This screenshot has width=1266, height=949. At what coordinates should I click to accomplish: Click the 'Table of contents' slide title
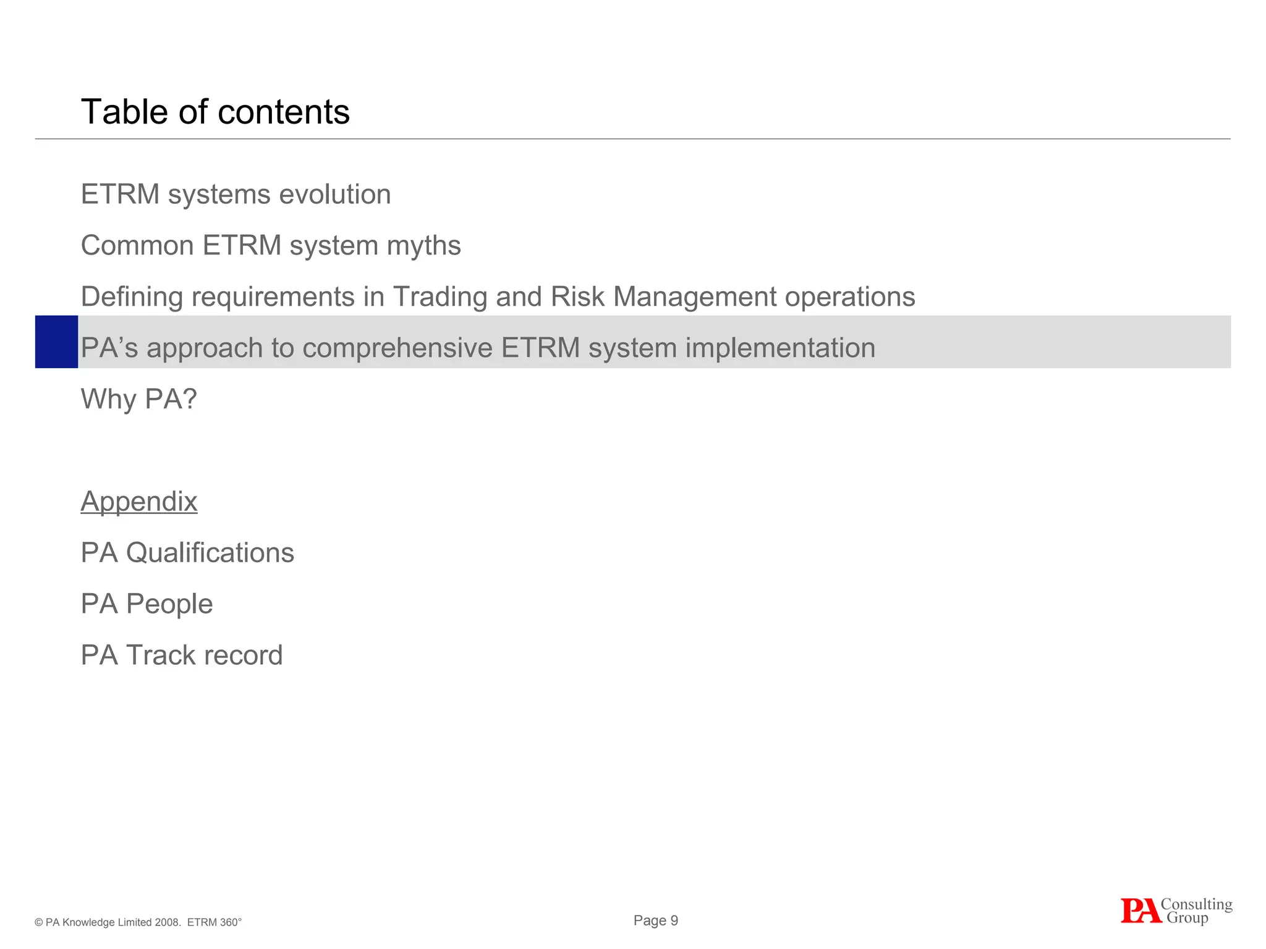click(215, 112)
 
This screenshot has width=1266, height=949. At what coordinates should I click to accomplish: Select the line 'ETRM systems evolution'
click(236, 194)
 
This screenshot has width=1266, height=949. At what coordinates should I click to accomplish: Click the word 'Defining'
click(132, 297)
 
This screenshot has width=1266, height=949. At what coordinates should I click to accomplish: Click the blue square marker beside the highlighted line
click(56, 342)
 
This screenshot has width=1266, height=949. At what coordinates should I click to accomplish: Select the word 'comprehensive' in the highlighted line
click(397, 348)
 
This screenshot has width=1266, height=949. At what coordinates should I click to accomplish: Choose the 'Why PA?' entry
click(138, 399)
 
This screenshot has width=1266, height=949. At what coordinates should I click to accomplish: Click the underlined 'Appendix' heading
click(139, 501)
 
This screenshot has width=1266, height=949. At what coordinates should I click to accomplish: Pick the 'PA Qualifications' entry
click(187, 552)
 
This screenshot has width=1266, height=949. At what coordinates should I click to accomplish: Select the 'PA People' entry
click(147, 604)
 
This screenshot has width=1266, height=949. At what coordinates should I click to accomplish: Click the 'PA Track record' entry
click(182, 655)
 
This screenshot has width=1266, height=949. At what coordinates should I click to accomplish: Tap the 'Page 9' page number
click(655, 921)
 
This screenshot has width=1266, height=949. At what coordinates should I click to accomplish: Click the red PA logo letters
click(1140, 911)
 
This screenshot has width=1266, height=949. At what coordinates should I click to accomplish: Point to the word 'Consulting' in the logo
click(1196, 905)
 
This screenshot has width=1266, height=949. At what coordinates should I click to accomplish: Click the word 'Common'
click(137, 246)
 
